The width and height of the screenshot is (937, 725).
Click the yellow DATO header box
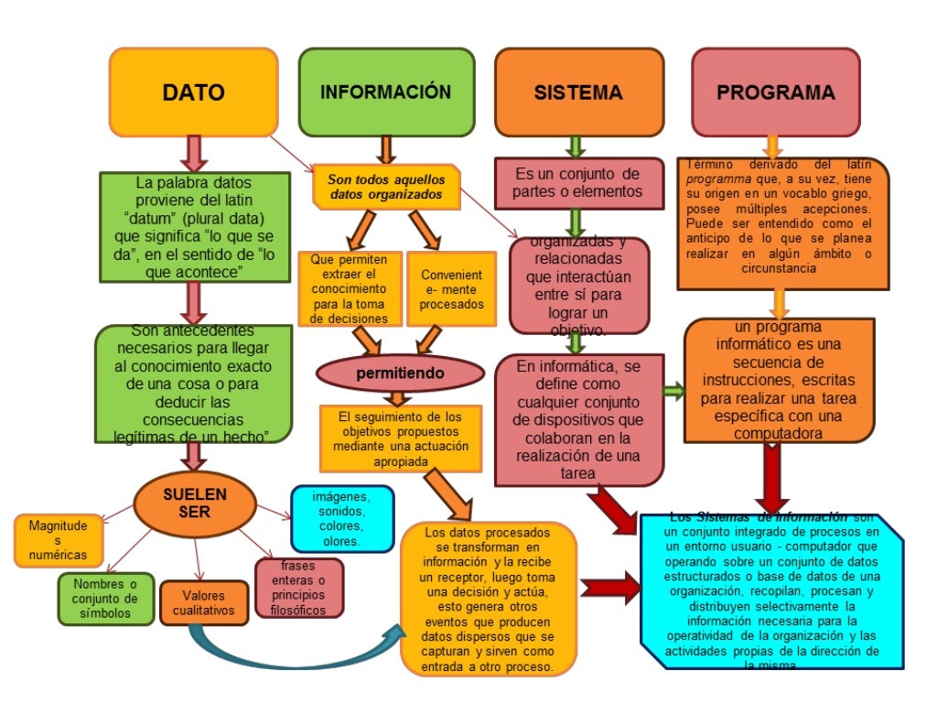point(193,92)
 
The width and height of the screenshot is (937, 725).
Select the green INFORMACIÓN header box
point(386,92)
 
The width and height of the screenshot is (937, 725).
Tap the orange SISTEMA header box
point(578,92)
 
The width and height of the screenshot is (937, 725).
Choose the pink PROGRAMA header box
point(775,92)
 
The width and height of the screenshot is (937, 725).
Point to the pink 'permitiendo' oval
point(400,373)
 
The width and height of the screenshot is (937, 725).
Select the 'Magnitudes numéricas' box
point(58,540)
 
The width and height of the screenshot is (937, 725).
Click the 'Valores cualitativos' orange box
point(203,602)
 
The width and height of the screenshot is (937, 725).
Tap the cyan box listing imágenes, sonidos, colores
point(341,518)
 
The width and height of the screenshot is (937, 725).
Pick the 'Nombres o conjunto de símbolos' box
point(105,598)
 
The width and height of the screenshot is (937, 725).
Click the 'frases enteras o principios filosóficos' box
point(299,587)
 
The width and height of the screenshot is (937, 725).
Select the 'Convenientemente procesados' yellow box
point(451,289)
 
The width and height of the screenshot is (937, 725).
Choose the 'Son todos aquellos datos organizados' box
point(385,187)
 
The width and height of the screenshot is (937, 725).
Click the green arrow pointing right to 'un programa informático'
point(673,392)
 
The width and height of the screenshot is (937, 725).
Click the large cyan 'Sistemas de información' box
point(771,591)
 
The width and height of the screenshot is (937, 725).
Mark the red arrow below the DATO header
point(193,153)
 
